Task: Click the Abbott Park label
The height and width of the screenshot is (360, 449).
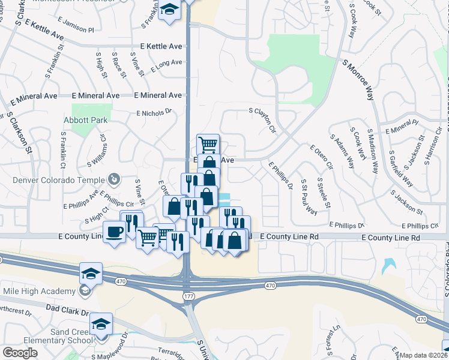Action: point(86,120)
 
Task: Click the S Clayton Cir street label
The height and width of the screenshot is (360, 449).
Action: point(264,120)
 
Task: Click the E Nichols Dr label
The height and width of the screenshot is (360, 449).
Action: point(154,112)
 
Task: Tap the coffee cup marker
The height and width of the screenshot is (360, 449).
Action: point(114,231)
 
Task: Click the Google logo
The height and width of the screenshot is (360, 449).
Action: point(20,353)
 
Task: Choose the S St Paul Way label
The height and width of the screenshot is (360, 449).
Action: point(309,196)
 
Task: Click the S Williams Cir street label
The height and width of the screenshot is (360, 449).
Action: point(97,150)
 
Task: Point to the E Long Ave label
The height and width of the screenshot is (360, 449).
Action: point(166,65)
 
